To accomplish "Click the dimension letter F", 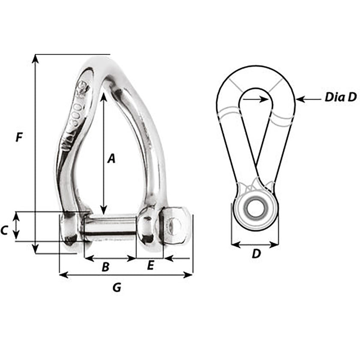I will click(x=18, y=138).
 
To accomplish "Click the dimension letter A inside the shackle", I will click(x=111, y=159).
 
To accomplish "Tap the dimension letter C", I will click(x=4, y=231).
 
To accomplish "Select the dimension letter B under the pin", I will click(x=105, y=267).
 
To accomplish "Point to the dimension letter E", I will click(x=150, y=266).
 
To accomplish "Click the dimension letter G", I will click(x=117, y=288).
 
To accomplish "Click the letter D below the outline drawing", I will click(x=256, y=254).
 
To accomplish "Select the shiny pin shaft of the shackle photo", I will click(x=110, y=226).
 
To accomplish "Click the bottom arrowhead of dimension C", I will click(x=16, y=237).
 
